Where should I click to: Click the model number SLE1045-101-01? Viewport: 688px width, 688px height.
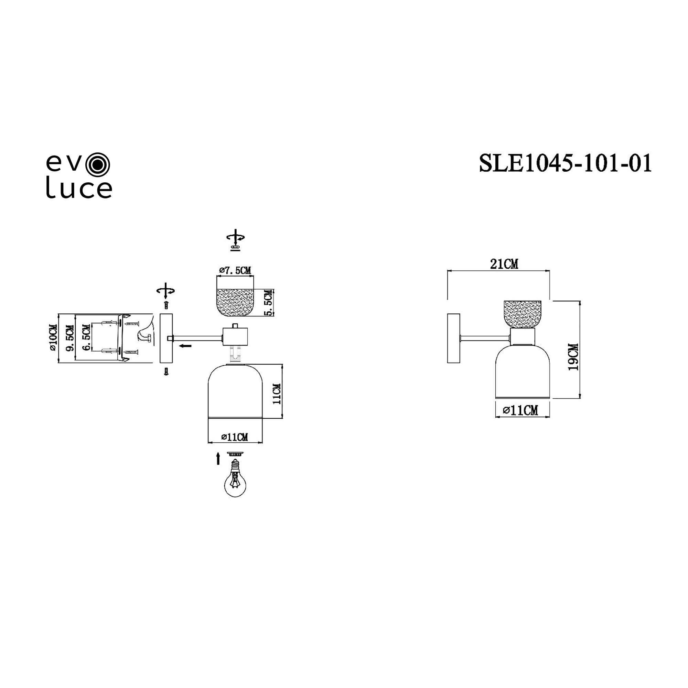coord(566,163)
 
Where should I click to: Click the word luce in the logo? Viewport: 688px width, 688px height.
coord(79,189)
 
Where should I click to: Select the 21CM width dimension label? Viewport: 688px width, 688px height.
coord(504,264)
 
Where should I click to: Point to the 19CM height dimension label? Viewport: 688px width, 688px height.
coord(573,357)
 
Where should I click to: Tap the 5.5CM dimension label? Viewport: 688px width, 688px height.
coord(269,303)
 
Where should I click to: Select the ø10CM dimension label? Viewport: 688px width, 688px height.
coord(52,337)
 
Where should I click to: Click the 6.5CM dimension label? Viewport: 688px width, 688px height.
coord(87,338)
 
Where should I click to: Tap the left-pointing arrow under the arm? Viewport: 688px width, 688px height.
coord(185,345)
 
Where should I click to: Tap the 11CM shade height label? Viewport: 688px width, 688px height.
coord(277,394)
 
